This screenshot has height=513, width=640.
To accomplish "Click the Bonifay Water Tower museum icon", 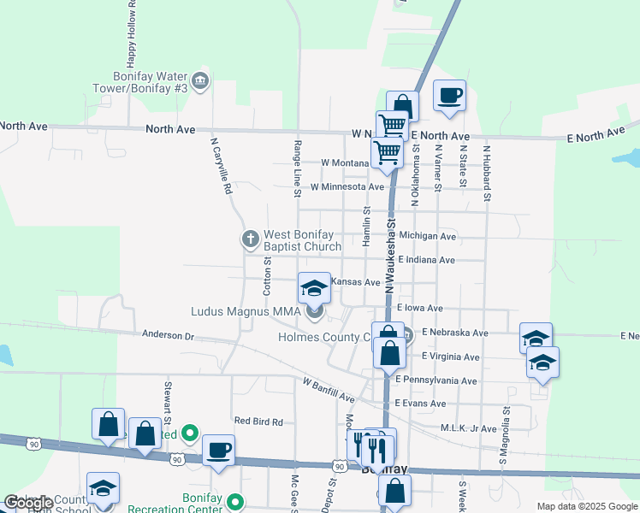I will click(200, 81).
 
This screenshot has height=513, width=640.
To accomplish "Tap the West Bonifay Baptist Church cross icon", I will click(251, 239).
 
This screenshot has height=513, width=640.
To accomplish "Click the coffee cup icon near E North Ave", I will click(449, 96).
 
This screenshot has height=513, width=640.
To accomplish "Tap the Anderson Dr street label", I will click(168, 335).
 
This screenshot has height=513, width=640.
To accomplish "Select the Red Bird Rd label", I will click(258, 421).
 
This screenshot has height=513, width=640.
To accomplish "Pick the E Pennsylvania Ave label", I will click(436, 380).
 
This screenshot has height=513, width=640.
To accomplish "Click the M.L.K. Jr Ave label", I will click(468, 428).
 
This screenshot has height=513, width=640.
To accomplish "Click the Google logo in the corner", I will click(27, 503).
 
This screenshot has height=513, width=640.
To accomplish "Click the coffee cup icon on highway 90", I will click(218, 451).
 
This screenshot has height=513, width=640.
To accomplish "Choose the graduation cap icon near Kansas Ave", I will click(314, 288).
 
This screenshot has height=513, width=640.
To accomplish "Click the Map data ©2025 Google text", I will click(586, 506).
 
